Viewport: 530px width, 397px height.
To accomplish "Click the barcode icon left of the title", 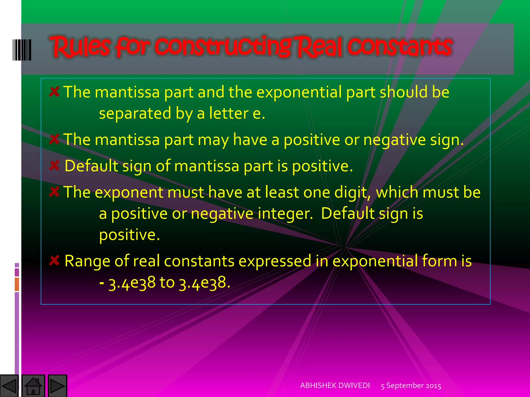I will (22, 50).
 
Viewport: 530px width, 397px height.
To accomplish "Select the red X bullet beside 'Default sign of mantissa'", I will (54, 165).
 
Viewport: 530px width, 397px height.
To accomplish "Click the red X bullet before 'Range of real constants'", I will (54, 261).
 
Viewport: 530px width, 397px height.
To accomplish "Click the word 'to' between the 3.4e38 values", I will (167, 282).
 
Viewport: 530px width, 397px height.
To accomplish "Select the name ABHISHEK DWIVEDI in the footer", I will (335, 385).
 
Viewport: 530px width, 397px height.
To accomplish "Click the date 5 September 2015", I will (411, 386).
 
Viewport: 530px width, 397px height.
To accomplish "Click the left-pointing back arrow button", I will (9, 386).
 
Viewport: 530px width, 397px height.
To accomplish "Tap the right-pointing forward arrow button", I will (57, 386).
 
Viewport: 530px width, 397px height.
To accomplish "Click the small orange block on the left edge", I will (17, 284).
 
